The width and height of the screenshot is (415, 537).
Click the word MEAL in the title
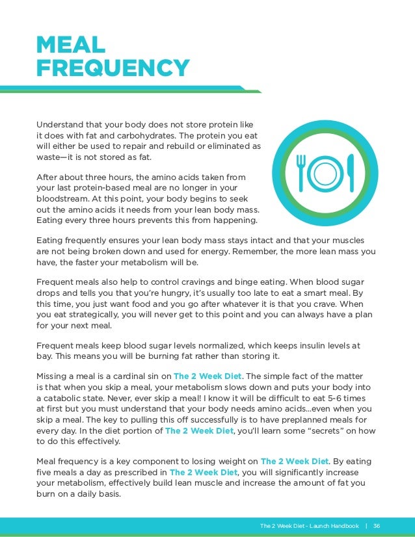point(70,46)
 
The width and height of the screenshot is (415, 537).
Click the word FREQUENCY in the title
point(113,68)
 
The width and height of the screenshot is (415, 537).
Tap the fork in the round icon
point(302,171)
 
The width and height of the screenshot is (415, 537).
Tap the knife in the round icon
point(351,172)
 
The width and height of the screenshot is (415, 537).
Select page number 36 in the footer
point(377,525)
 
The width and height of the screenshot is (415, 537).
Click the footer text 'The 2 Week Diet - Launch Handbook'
point(309,525)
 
